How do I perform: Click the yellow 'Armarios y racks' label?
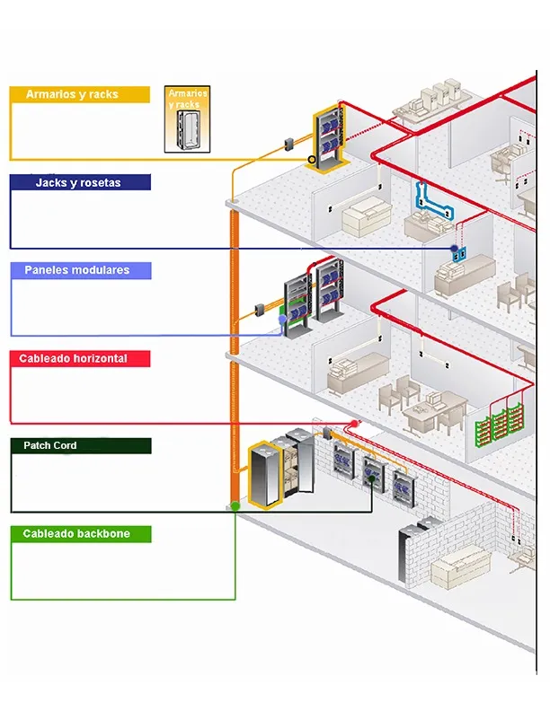[79, 94]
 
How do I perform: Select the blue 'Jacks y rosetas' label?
[79, 182]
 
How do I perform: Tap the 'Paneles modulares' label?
[79, 270]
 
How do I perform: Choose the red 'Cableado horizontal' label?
[79, 358]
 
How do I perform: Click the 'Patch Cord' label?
[79, 446]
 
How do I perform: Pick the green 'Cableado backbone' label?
[79, 534]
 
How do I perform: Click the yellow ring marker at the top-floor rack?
[312, 161]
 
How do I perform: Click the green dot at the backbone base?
[235, 506]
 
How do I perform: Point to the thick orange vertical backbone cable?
[235, 359]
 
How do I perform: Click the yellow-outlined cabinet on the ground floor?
[265, 474]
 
